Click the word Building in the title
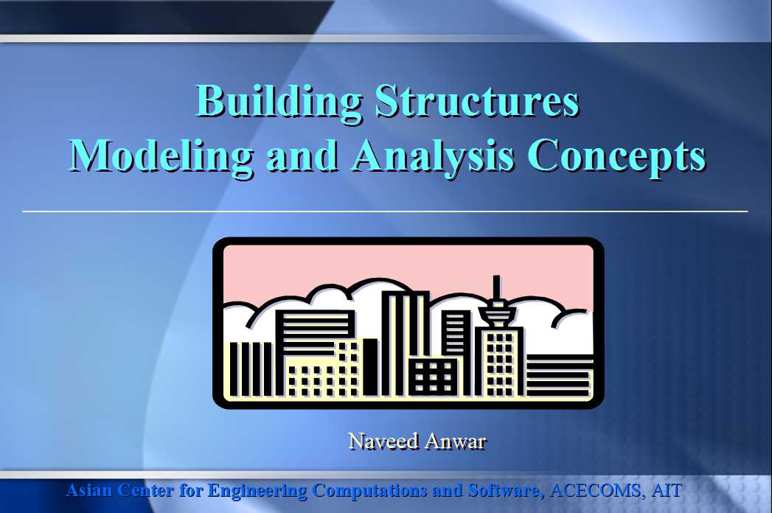click(x=279, y=102)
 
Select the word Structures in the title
click(x=477, y=101)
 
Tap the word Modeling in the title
click(x=161, y=156)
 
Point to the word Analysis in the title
click(x=434, y=156)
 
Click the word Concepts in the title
click(x=617, y=156)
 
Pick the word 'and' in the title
click(x=302, y=156)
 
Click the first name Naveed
click(x=383, y=441)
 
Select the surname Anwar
click(x=456, y=441)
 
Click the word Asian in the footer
click(x=89, y=490)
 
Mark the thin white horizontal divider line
click(x=385, y=212)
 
